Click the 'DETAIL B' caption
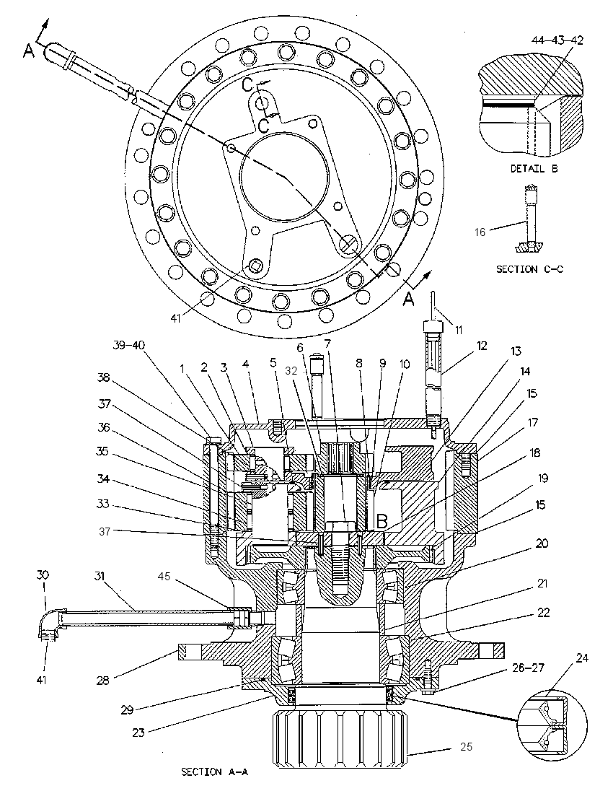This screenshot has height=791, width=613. pyautogui.click(x=534, y=169)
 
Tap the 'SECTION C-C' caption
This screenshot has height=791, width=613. pyautogui.click(x=530, y=269)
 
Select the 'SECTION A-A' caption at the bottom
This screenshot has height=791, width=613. pyautogui.click(x=215, y=772)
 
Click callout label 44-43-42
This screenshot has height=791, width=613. pyautogui.click(x=557, y=40)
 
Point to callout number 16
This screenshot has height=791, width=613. pyautogui.click(x=480, y=232)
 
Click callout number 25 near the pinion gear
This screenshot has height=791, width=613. pyautogui.click(x=467, y=746)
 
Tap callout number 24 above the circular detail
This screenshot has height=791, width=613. pyautogui.click(x=582, y=658)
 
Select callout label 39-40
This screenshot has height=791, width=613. pyautogui.click(x=128, y=345)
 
